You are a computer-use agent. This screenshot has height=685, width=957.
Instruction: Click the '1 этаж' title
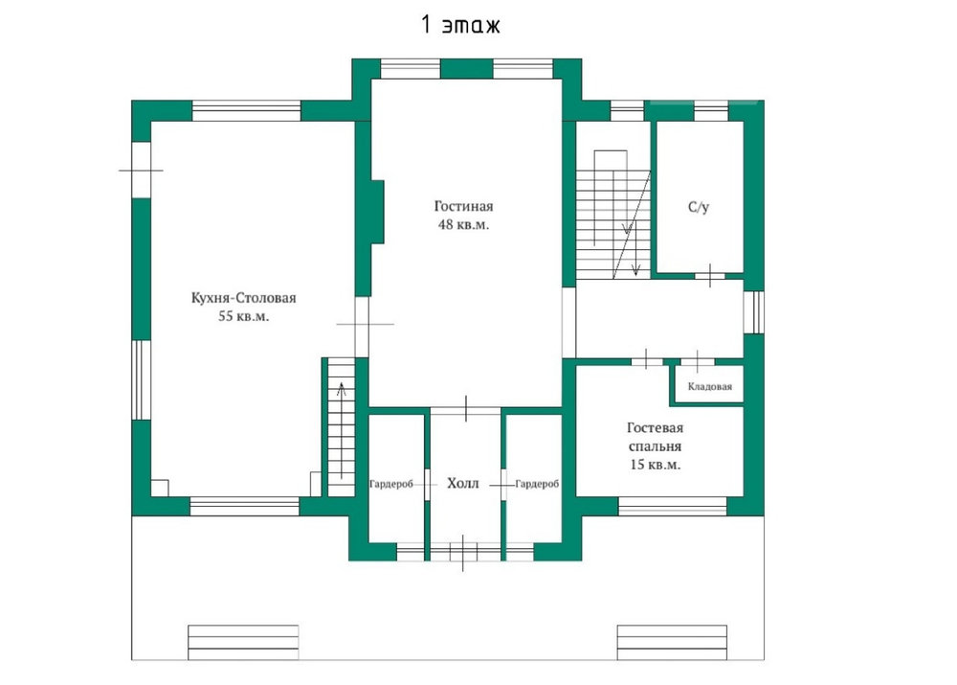click(x=461, y=25)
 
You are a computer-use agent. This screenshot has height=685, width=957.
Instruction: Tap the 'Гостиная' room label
click(x=464, y=206)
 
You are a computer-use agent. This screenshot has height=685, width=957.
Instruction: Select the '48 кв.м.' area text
click(x=464, y=224)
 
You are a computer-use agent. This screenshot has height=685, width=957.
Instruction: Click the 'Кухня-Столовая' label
click(x=243, y=298)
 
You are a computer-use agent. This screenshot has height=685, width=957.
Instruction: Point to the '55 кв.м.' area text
click(x=243, y=316)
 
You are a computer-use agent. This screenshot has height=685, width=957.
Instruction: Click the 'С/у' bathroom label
click(x=699, y=207)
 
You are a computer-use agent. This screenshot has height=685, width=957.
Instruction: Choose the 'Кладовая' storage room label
click(x=710, y=386)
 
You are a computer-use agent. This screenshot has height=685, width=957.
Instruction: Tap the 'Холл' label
click(x=462, y=484)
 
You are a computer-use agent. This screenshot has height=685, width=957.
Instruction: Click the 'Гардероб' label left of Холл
click(x=391, y=484)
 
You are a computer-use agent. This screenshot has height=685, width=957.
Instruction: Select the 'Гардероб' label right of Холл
click(x=537, y=484)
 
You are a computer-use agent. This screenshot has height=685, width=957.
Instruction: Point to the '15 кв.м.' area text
click(x=656, y=465)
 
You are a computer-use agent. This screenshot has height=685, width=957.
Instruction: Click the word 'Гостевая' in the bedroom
click(x=655, y=427)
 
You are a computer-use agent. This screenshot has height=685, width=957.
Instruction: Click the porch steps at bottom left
click(x=243, y=642)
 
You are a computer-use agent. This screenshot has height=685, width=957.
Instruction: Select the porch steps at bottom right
click(x=672, y=642)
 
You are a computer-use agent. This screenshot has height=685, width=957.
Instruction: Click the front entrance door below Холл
click(x=463, y=552)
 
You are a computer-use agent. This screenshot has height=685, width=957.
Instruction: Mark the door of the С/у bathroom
click(x=710, y=276)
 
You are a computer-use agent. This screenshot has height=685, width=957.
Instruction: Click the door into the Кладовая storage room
click(x=698, y=362)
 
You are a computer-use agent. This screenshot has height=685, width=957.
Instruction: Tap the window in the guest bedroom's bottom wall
click(x=673, y=507)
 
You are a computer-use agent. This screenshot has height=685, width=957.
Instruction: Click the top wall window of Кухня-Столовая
click(x=247, y=110)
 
